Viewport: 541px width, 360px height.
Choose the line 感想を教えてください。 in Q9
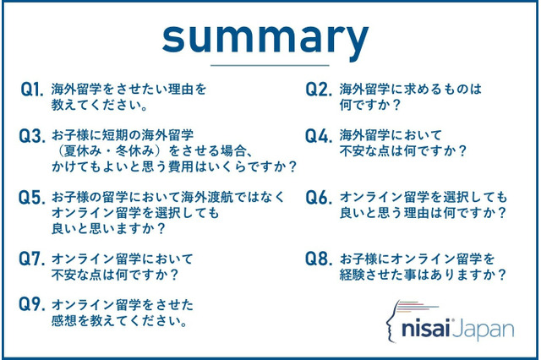coord(119,321)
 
